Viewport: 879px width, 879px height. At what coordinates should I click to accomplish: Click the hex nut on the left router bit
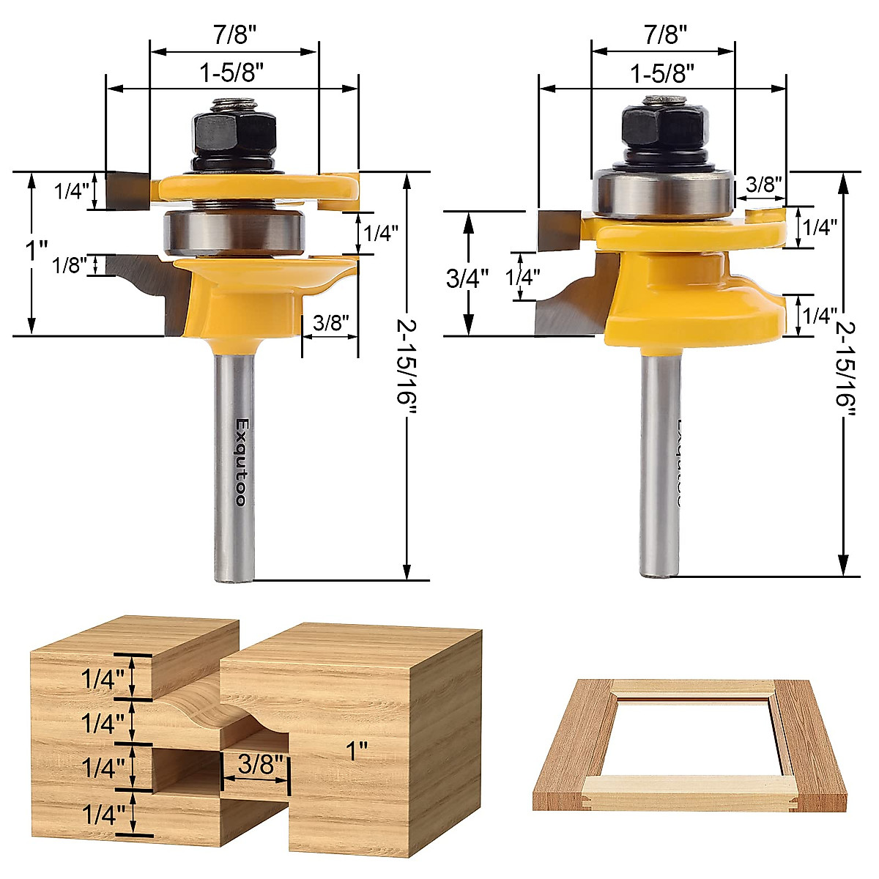(234, 130)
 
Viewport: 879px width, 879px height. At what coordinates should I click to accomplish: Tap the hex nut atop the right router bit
(663, 125)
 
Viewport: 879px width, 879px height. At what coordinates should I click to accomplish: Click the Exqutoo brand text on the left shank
(240, 461)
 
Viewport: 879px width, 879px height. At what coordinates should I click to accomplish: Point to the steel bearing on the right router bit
(663, 193)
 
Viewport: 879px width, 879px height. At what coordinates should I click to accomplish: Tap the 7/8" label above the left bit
(233, 33)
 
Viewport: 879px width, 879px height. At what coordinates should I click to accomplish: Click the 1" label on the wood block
(357, 751)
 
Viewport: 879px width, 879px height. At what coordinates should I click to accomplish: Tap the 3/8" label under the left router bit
(330, 322)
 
